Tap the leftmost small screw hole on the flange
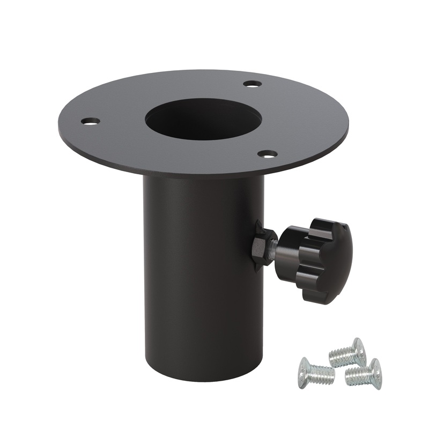[91, 121]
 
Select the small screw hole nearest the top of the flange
[252, 84]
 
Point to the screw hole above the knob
[267, 154]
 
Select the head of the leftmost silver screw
[305, 370]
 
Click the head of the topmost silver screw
[358, 351]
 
